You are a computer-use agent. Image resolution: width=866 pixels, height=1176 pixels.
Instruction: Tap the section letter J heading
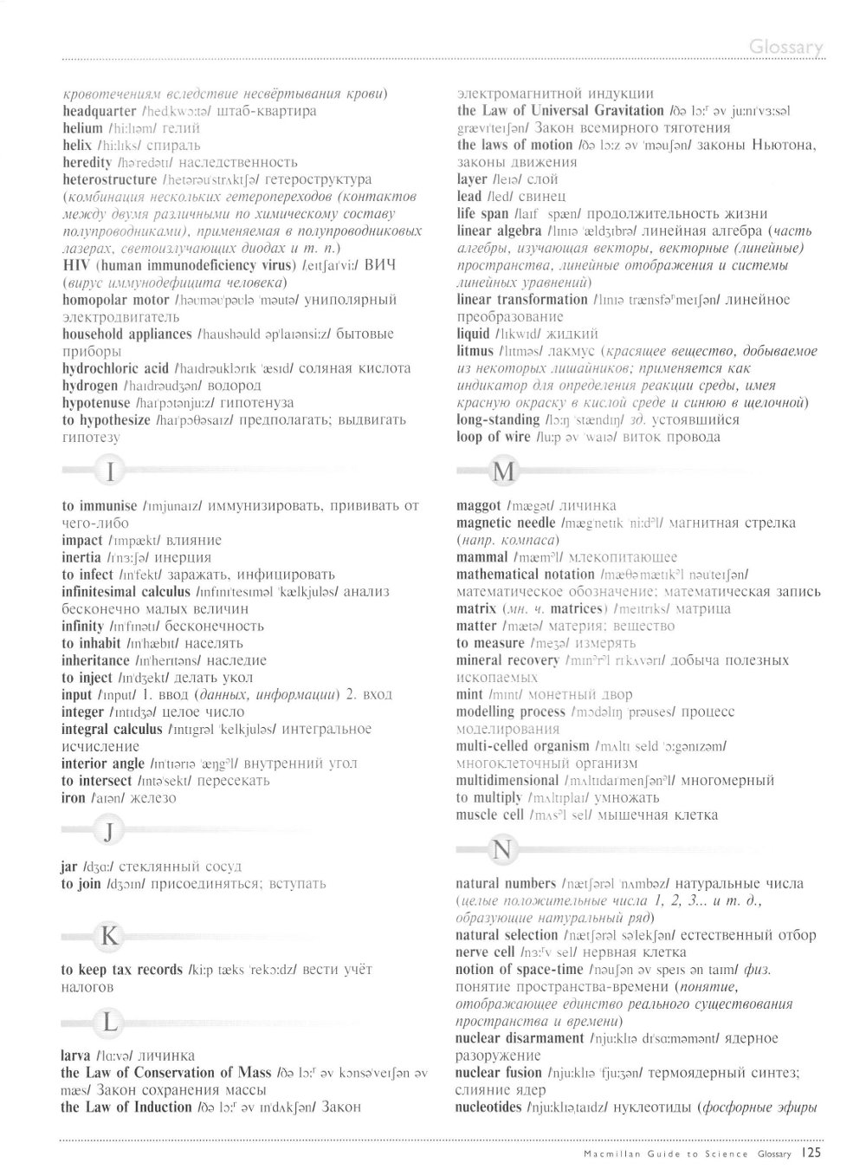tap(108, 833)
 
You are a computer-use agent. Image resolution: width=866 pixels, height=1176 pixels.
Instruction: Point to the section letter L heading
tap(109, 1022)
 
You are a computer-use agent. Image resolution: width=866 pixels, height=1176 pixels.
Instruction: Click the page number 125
tap(812, 1153)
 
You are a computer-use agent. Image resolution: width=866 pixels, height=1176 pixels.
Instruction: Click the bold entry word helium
tap(83, 128)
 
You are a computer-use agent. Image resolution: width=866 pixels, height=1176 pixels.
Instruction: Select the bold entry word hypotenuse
tap(96, 403)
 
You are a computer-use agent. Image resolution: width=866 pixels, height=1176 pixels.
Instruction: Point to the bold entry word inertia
tap(82, 557)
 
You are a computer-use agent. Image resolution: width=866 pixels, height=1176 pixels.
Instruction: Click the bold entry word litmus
tap(475, 351)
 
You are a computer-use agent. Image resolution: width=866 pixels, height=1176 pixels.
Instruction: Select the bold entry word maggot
tap(479, 505)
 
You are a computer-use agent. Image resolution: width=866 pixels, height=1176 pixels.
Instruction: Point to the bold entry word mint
tap(470, 694)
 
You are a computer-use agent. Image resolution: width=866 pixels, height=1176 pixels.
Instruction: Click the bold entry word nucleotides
tap(488, 1108)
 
